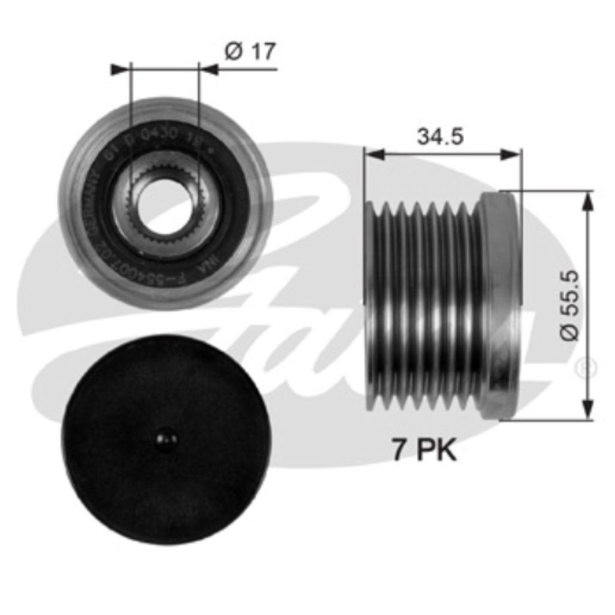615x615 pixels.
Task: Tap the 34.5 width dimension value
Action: coord(440,137)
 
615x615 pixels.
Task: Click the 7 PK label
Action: coord(425,450)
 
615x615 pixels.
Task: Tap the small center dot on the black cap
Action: coord(166,438)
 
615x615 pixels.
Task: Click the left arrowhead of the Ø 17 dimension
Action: coord(120,70)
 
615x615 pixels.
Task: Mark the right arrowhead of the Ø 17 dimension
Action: coord(209,70)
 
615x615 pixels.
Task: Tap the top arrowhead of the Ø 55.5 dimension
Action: coord(587,201)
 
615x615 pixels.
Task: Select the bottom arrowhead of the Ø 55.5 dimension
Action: coord(587,410)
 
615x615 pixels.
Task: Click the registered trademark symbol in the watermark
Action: coord(586,368)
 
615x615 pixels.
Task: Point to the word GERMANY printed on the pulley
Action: coord(96,204)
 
